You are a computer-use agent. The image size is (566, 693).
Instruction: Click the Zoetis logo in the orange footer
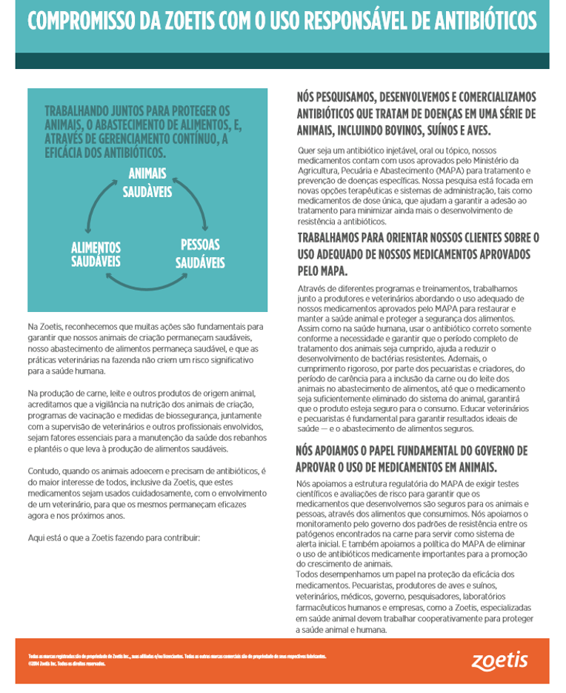click(500, 660)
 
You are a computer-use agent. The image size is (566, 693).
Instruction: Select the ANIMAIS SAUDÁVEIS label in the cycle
click(147, 183)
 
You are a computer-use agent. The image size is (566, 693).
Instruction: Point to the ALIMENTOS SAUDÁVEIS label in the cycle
click(96, 254)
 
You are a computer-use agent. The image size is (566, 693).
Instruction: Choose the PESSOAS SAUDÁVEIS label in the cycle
click(200, 253)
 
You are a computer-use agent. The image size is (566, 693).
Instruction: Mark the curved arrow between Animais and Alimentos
click(96, 208)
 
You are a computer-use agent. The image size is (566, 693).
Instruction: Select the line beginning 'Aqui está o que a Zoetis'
click(113, 537)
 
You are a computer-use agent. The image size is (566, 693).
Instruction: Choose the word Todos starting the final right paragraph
click(310, 574)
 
